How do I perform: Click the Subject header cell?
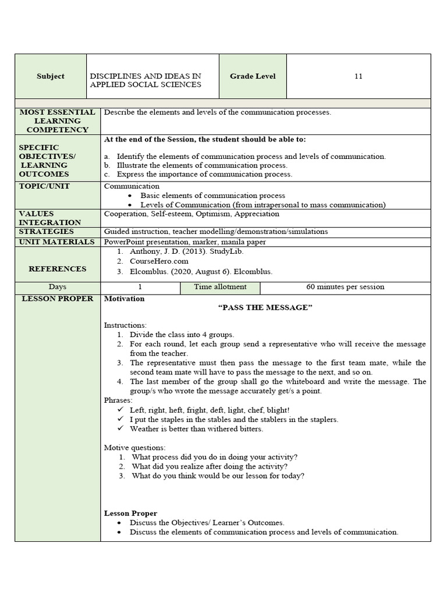coord(51,76)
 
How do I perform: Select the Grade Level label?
coord(253,76)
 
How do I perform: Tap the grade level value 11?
coord(359,76)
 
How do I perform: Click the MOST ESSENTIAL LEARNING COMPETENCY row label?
coord(58,120)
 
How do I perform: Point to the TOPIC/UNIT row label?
coord(44,186)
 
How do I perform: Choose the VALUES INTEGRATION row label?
coord(50,218)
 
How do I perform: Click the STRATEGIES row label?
coord(47,232)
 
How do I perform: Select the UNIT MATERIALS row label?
coord(56,242)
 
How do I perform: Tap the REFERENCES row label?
coord(58,269)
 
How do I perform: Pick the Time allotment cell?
coord(220,287)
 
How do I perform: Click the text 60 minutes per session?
coord(345,287)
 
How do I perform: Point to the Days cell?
coord(58,287)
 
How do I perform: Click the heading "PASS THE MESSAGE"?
coord(265,307)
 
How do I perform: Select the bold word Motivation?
coord(124,299)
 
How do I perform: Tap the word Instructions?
coord(125,325)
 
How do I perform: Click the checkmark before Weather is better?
coord(120,429)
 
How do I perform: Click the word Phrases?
coord(118,400)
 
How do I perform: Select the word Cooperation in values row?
coord(125,214)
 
